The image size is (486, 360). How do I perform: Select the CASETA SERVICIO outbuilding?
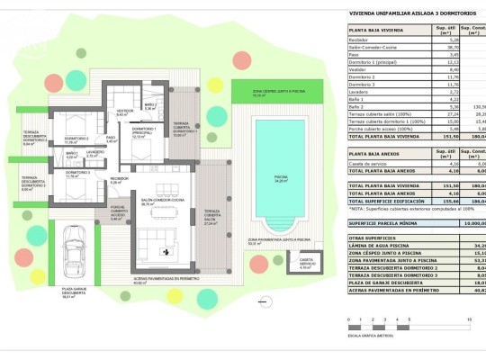tap(305, 264)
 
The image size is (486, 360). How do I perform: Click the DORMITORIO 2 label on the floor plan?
tap(75, 139)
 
